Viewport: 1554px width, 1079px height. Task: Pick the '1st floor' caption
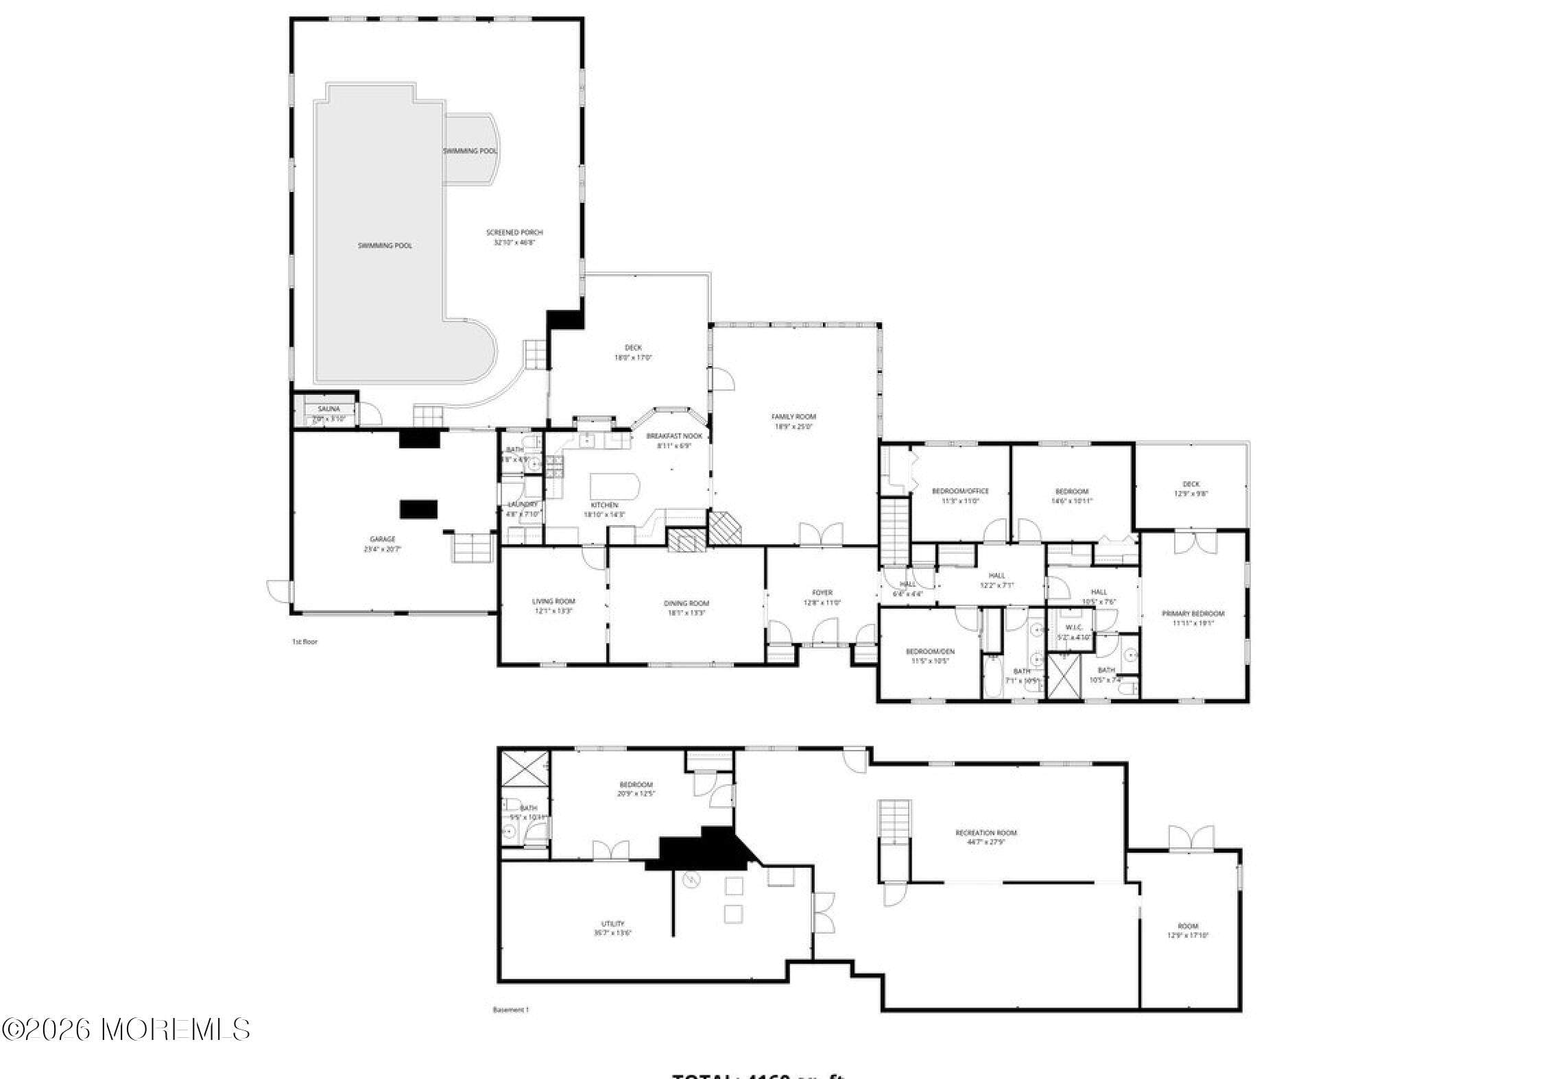coord(304,642)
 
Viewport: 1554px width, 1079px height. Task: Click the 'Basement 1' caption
coord(511,1009)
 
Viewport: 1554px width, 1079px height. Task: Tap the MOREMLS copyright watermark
coord(126,1029)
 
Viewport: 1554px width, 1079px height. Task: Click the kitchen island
coord(614,486)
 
